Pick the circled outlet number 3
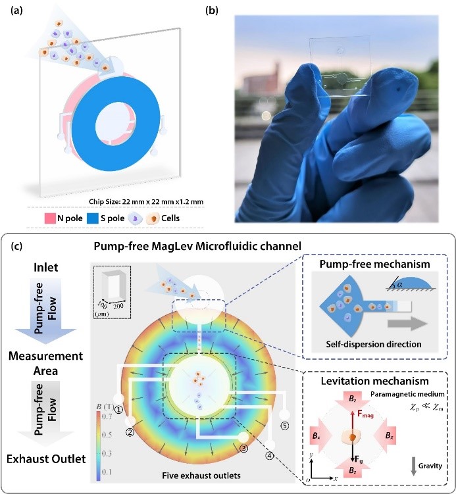click(243, 449)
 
